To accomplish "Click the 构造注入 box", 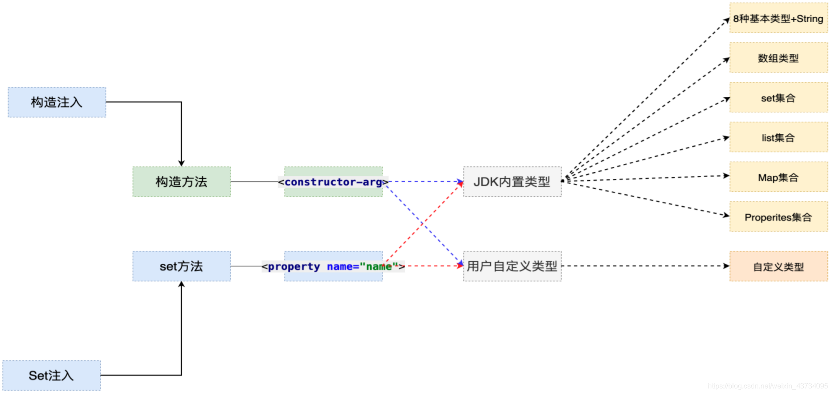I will [57, 102].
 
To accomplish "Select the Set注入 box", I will [51, 375].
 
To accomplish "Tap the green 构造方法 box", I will [181, 182].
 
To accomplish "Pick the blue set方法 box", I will [181, 266].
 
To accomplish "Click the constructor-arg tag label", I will [333, 182].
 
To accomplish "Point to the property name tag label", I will [333, 266].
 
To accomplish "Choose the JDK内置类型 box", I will [512, 182].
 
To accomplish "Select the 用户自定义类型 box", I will [512, 266].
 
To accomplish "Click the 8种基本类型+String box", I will [778, 18].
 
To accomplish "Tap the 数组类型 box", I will [778, 58].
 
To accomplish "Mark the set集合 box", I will [778, 98].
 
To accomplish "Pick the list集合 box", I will [778, 137].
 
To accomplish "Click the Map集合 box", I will [778, 177].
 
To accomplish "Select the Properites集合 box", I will [778, 217].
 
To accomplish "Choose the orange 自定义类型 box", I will [778, 266].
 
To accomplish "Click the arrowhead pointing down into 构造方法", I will [181, 163].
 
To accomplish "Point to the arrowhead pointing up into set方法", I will [181, 284].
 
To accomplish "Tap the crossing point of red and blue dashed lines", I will [423, 224].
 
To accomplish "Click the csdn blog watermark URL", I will [767, 386].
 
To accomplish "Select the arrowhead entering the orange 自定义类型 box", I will [726, 266].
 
